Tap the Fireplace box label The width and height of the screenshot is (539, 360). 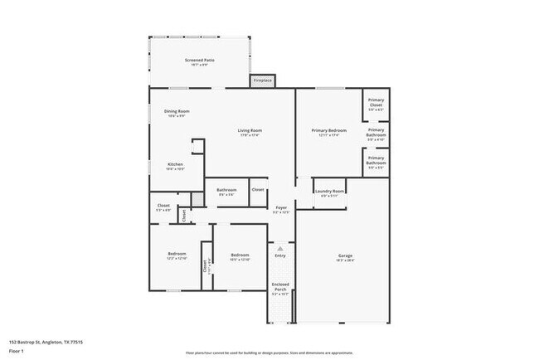tap(263, 80)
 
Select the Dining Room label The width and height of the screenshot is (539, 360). tap(177, 111)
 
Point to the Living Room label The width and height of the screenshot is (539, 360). tap(250, 130)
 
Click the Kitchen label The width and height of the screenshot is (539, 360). tap(175, 163)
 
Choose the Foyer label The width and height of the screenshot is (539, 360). tap(281, 207)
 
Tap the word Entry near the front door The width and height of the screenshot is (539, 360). tap(280, 255)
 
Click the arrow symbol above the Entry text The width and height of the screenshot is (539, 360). tap(280, 247)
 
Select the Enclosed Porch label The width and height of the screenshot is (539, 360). tap(280, 287)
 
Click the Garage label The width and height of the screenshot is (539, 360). tap(345, 255)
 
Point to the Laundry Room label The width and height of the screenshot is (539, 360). tap(330, 192)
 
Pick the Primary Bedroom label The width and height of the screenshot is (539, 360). tap(329, 130)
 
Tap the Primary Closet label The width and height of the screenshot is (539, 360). tap(376, 102)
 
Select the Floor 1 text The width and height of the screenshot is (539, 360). tap(17, 351)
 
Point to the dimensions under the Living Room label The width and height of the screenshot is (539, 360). tap(250, 135)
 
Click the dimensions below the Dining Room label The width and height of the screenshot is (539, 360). tap(177, 116)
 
